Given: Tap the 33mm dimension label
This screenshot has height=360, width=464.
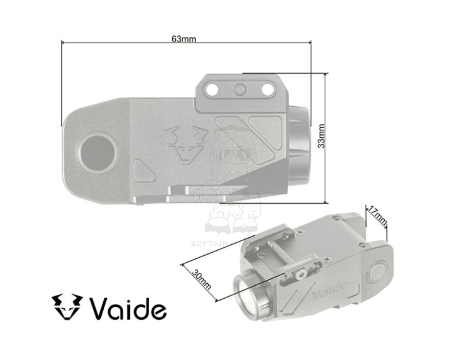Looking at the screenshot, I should click(x=320, y=136).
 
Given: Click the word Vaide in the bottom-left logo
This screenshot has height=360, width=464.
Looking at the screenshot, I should click(x=128, y=308).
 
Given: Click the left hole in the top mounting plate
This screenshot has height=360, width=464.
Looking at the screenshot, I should click(x=213, y=90).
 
